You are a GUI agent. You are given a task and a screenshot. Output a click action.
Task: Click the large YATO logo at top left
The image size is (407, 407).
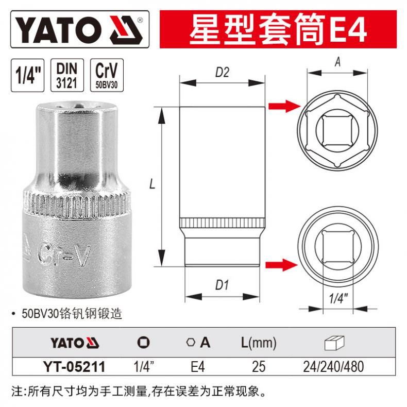tap(80, 29)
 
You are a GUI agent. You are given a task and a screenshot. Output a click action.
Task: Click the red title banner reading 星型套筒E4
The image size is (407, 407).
tap(278, 29)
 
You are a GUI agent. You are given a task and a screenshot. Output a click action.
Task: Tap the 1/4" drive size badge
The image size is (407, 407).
tap(27, 75)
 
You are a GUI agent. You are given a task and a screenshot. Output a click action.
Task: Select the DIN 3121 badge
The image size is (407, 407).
tap(67, 75)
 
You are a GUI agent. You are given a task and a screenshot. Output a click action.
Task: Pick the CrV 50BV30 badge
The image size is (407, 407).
tap(107, 75)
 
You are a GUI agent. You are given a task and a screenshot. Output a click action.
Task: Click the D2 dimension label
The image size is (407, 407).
tap(222, 73)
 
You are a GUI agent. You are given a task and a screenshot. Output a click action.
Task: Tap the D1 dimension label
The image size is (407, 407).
tap(222, 285)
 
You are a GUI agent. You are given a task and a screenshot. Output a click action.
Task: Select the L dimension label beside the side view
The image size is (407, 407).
tap(152, 184)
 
